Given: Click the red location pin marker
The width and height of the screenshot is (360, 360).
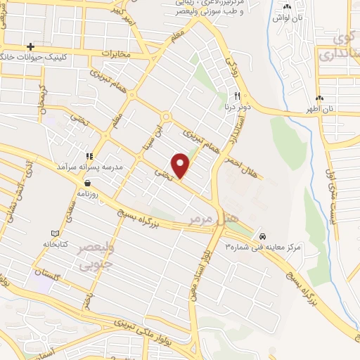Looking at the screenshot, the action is (x=181, y=165).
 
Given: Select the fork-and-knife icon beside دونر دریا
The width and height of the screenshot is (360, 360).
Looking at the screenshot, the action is (x=238, y=96).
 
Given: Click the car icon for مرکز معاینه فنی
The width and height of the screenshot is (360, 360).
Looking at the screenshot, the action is (x=262, y=236).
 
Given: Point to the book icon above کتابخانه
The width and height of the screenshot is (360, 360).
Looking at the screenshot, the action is (x=56, y=233).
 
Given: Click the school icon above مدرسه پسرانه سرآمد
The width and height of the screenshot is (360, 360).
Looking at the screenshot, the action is (x=89, y=156).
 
